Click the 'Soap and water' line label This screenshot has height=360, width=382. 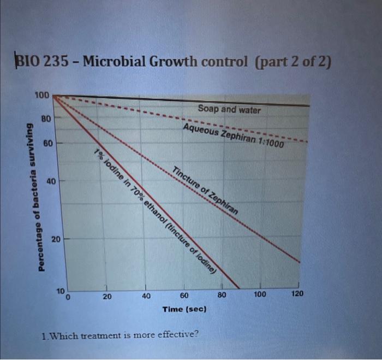229,110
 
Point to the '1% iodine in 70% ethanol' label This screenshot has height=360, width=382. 156,210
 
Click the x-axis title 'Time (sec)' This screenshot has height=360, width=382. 184,309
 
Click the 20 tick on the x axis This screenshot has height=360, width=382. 107,297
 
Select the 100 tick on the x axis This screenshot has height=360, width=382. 260,295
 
